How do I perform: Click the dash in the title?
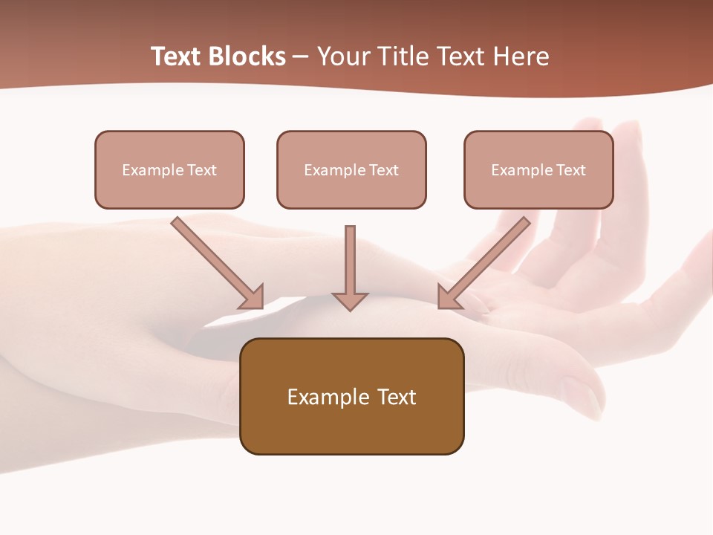click(x=301, y=56)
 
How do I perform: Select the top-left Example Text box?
click(x=169, y=169)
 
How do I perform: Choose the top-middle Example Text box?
click(x=351, y=169)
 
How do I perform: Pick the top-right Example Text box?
click(x=538, y=169)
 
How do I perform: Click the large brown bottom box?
click(x=351, y=396)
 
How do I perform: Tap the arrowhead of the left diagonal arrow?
click(x=253, y=297)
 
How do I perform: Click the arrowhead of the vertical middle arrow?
click(x=350, y=301)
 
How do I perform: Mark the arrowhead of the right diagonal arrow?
click(x=449, y=297)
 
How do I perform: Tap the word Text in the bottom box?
click(x=396, y=397)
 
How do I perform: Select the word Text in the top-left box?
click(x=201, y=170)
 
